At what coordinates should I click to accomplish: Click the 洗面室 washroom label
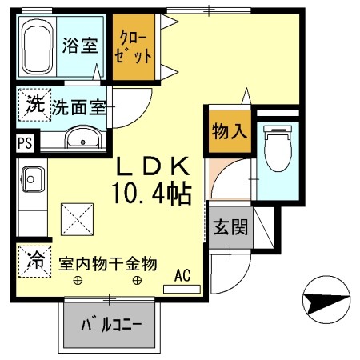click(x=79, y=106)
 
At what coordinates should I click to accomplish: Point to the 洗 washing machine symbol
click(x=34, y=103)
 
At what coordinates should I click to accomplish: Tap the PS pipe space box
click(x=25, y=143)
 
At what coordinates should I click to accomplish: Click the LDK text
click(x=154, y=167)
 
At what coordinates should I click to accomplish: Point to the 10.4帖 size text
click(x=151, y=193)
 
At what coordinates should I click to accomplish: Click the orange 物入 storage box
click(x=228, y=130)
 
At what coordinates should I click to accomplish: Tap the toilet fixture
click(x=278, y=148)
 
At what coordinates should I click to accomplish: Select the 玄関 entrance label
click(x=230, y=227)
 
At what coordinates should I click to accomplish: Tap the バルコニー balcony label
click(x=112, y=326)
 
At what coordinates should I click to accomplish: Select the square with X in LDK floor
click(x=78, y=217)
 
